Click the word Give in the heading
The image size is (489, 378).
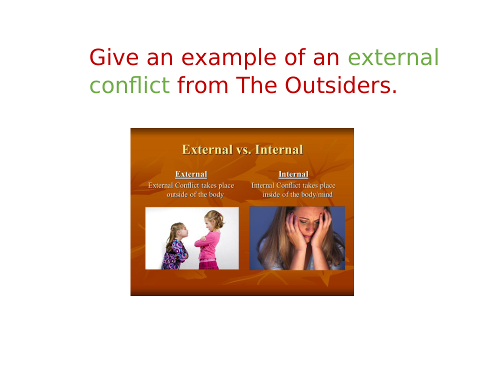pos(114,57)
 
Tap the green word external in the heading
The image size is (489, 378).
pos(393,57)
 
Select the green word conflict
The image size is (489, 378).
pos(129,85)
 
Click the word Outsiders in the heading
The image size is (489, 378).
pos(341,85)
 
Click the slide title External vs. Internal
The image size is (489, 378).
pos(242,149)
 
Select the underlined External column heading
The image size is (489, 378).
pos(191,174)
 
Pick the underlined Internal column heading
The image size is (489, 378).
pos(293,174)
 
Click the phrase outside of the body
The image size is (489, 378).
pos(195,194)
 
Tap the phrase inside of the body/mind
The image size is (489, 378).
pos(297,194)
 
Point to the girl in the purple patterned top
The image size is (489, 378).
pos(175,246)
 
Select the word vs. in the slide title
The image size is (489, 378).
pos(243,150)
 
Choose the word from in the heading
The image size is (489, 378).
pos(202,85)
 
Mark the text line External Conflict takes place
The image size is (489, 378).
pos(191,185)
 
